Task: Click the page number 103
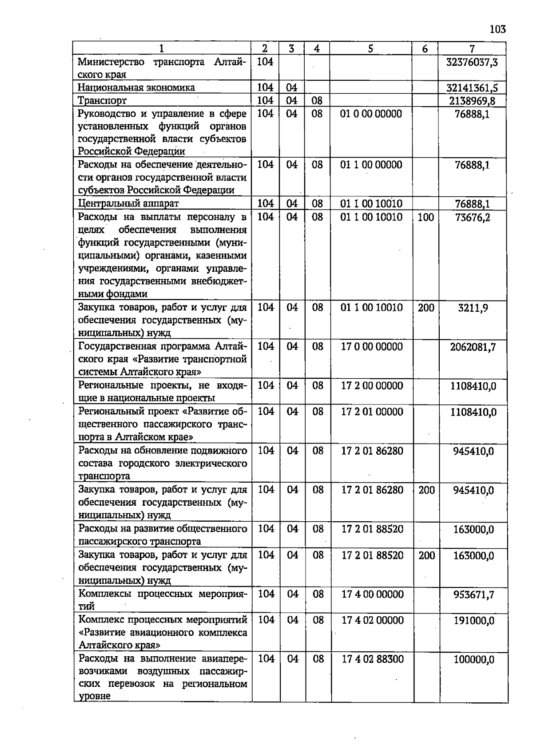[497, 29]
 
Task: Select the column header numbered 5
[370, 48]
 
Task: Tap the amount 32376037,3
[472, 62]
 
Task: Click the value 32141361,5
[472, 87]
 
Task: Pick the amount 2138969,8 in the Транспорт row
[472, 101]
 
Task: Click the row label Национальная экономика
[136, 87]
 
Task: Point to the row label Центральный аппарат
[128, 203]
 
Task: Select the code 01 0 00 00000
[371, 114]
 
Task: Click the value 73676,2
[473, 217]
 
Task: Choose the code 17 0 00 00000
[372, 346]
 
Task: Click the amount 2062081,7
[473, 346]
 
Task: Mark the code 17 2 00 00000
[372, 385]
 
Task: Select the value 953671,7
[473, 594]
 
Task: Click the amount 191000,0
[473, 620]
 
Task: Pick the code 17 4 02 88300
[373, 659]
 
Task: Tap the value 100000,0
[473, 659]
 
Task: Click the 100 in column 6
[426, 217]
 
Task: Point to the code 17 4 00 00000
[373, 594]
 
